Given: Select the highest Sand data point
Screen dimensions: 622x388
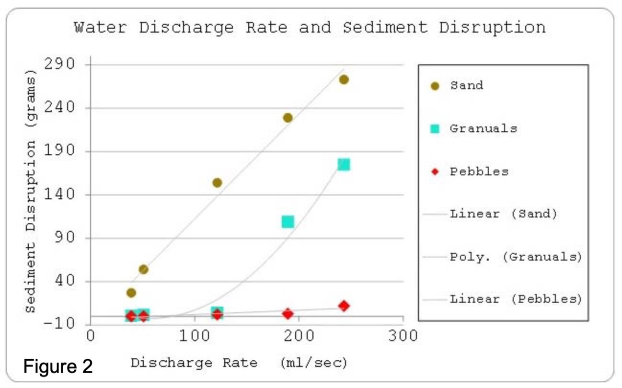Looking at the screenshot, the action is [344, 80].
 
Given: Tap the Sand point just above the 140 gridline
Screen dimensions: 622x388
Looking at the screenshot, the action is [217, 183].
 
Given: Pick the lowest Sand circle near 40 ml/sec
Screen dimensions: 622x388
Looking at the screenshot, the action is [131, 293].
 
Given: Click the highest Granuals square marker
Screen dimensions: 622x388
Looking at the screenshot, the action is [344, 165].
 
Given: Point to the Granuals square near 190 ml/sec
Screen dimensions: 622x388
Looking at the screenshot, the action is [288, 221].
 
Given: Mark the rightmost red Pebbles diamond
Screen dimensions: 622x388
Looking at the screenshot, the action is [344, 306].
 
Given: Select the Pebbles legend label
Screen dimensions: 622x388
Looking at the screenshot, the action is [479, 172].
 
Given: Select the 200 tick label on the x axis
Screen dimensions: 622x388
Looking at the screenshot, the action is [299, 336].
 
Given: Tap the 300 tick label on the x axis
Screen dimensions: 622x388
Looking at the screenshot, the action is [403, 336].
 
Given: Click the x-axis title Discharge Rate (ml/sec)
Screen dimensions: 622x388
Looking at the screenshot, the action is [239, 363].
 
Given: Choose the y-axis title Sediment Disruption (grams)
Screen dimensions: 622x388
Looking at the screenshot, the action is [30, 192].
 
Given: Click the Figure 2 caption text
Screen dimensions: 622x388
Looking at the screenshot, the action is [58, 366].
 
